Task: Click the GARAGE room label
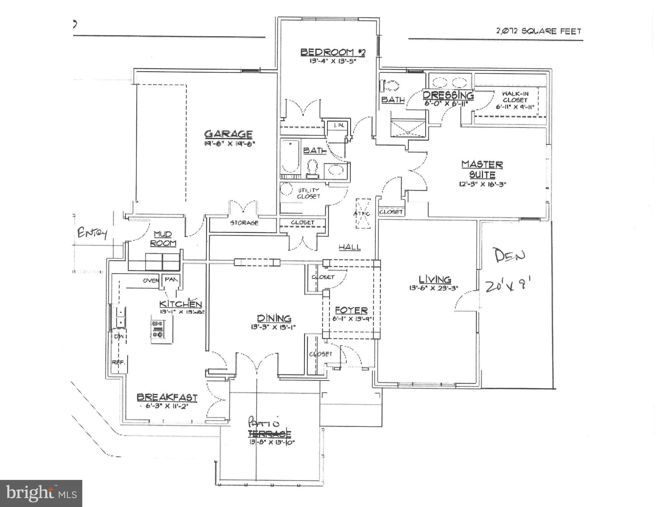[x=228, y=134]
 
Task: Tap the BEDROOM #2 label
[x=333, y=52]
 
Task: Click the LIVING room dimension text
[x=433, y=288]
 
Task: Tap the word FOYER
[x=351, y=310]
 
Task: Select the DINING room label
[x=274, y=318]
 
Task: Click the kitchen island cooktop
[x=158, y=329]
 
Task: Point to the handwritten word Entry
[x=92, y=233]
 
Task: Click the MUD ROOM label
[x=163, y=239]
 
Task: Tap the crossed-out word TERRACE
[x=270, y=434]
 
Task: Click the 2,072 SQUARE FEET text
[x=538, y=31]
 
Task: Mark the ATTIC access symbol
[x=363, y=214]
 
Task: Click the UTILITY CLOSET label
[x=308, y=193]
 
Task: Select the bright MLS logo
[x=41, y=493]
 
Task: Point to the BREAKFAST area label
[x=167, y=397]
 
